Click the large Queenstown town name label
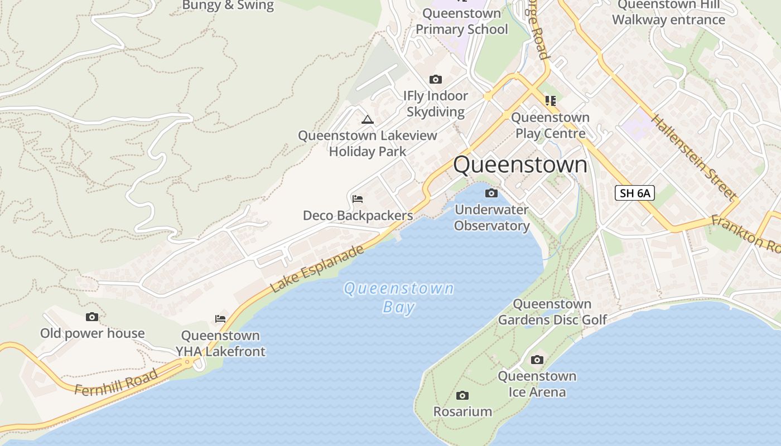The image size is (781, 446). tap(520, 165)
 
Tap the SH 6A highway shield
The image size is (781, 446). tap(635, 193)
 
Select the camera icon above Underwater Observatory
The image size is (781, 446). tap(491, 193)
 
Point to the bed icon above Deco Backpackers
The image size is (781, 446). tap(358, 198)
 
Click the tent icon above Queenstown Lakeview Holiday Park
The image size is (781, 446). tap(367, 119)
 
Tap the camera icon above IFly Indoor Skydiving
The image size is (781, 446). tap(435, 80)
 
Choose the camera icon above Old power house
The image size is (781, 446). tap(92, 317)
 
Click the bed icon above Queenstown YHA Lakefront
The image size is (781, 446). tap(220, 319)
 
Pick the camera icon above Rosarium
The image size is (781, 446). tap(462, 396)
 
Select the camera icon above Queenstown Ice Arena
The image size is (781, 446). tap(537, 360)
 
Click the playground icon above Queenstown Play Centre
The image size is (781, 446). tap(551, 101)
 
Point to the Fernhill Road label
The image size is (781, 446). tap(116, 382)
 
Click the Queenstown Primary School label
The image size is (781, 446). tap(462, 21)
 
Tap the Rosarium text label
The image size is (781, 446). tap(462, 412)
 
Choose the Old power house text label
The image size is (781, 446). tap(92, 333)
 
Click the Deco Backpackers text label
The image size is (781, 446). tap(358, 216)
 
